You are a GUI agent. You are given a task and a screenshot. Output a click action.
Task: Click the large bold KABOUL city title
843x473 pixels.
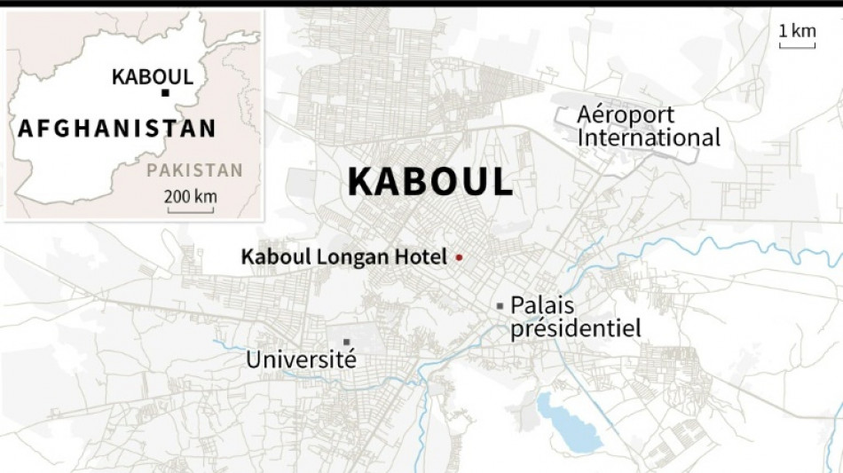pos(430,182)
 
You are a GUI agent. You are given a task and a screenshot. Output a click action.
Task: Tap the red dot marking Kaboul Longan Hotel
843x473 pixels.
pos(459,257)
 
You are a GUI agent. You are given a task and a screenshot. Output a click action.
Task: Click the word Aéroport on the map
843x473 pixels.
pos(626,114)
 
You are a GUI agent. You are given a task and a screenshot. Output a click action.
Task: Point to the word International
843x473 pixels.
pos(649,138)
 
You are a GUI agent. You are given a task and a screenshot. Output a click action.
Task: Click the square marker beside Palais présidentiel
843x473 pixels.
pos(500,306)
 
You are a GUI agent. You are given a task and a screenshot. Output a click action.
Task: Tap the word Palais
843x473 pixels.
pos(542,305)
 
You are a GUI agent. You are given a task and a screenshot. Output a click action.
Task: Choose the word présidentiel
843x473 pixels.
pos(575,328)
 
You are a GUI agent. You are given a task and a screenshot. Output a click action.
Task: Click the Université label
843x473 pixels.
pos(301,360)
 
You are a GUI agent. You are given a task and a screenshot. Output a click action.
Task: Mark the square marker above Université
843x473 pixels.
pos(347,342)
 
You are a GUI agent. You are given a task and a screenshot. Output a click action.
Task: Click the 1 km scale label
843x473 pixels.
pos(797,31)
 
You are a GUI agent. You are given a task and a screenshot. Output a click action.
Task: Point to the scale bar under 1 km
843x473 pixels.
pos(797,46)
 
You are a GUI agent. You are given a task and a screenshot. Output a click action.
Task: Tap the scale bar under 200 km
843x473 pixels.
pos(189,210)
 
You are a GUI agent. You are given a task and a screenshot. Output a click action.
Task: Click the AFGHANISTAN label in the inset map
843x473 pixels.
pos(116,128)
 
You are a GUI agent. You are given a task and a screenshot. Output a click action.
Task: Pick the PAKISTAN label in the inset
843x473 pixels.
pos(194,170)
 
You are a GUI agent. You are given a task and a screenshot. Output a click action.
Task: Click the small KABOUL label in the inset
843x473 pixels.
pos(153,76)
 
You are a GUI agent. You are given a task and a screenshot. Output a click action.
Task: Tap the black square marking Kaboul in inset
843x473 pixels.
pos(165,92)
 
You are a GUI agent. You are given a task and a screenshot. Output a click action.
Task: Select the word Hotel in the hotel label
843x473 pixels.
pos(425,257)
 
